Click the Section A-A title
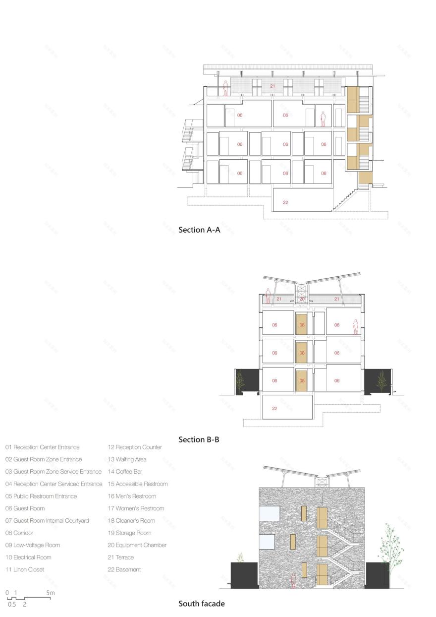(199, 230)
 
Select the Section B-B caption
(199, 439)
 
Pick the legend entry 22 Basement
(124, 569)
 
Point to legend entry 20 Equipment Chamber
(137, 545)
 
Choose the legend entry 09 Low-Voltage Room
(33, 545)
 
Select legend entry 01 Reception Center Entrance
(43, 447)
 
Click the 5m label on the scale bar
(51, 593)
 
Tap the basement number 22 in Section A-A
(285, 202)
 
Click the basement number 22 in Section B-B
(274, 409)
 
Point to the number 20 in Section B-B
(302, 299)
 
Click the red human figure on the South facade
(293, 580)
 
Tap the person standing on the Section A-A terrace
(225, 89)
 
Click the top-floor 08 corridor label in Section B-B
(302, 325)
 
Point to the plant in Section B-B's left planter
(240, 381)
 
